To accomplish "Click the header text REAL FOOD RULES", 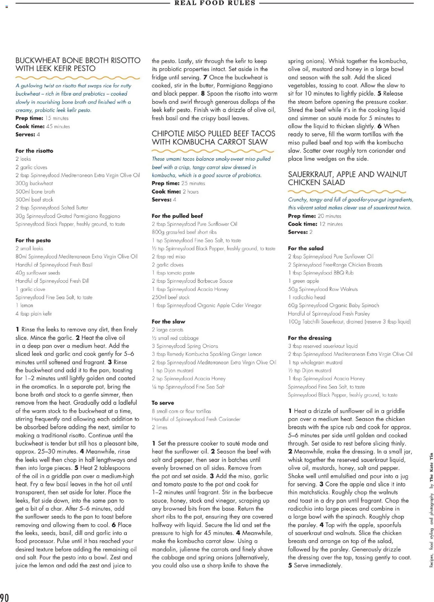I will pyautogui.click(x=215, y=3).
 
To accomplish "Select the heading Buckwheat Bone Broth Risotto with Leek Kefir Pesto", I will pyautogui.click(x=78, y=64).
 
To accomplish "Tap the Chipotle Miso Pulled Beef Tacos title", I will pyautogui.click(x=213, y=138).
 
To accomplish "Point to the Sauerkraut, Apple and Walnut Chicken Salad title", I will pyautogui.click(x=347, y=178).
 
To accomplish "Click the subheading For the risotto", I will pyautogui.click(x=34, y=151).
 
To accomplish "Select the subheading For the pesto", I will pyautogui.click(x=33, y=240).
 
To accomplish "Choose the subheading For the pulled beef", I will pyautogui.click(x=177, y=216).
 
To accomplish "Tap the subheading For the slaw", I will pyautogui.click(x=168, y=321).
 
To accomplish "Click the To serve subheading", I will pyautogui.click(x=163, y=403).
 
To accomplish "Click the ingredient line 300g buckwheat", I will pyautogui.click(x=34, y=183).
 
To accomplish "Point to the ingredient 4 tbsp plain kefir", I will pyautogui.click(x=34, y=314).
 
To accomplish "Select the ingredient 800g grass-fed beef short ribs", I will pyautogui.click(x=184, y=232).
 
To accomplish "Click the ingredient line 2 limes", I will pyautogui.click(x=159, y=427).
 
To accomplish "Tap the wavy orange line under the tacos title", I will pyautogui.click(x=213, y=151).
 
